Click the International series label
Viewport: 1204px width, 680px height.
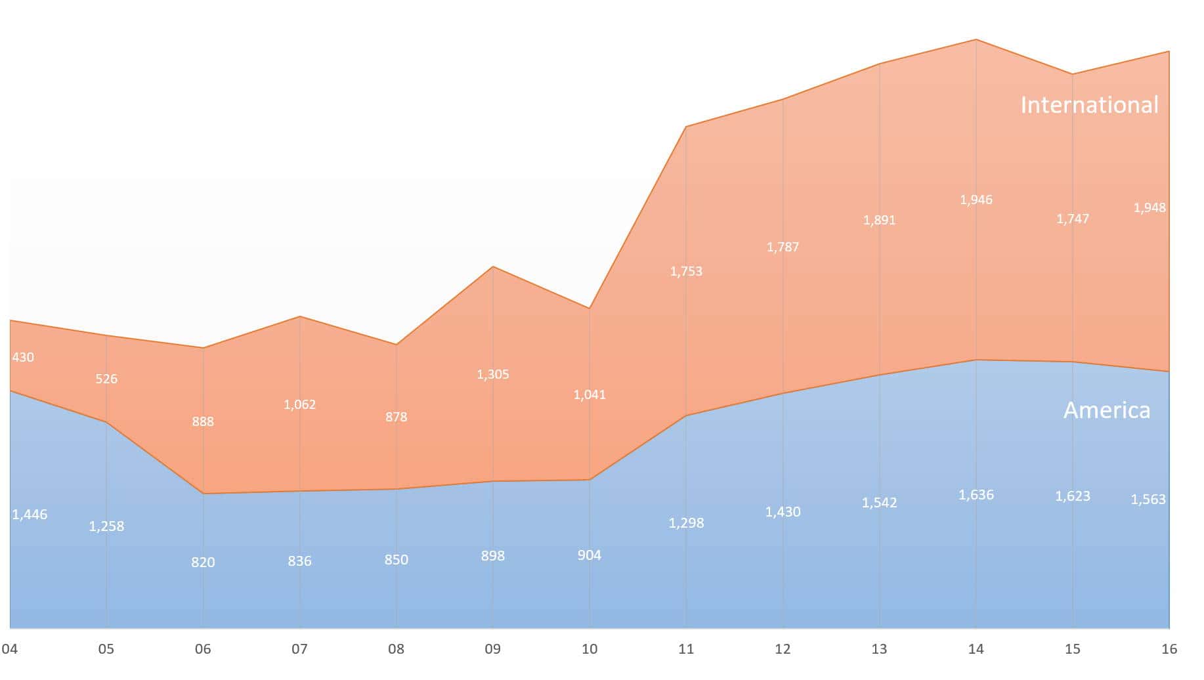pyautogui.click(x=1089, y=105)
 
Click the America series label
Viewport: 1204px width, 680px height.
pyautogui.click(x=1106, y=410)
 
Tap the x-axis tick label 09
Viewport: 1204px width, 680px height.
pyautogui.click(x=492, y=649)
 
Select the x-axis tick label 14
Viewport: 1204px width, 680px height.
pyautogui.click(x=976, y=649)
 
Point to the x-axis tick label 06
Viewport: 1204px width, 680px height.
pyautogui.click(x=203, y=649)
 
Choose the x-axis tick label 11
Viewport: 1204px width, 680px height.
pyautogui.click(x=685, y=649)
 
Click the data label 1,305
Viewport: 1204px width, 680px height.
pyautogui.click(x=492, y=375)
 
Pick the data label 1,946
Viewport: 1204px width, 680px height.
pyautogui.click(x=976, y=200)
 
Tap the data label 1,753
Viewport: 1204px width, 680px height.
pyautogui.click(x=686, y=271)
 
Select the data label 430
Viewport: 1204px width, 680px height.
pyautogui.click(x=23, y=358)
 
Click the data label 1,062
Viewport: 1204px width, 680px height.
pyautogui.click(x=299, y=404)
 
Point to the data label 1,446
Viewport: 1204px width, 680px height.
pyautogui.click(x=30, y=515)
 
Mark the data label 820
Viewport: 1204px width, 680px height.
pyautogui.click(x=203, y=563)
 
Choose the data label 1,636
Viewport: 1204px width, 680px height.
pyautogui.click(x=976, y=495)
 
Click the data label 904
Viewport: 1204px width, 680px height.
pyautogui.click(x=589, y=555)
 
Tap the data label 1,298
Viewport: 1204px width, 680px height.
pyautogui.click(x=686, y=523)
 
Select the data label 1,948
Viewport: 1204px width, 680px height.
pyautogui.click(x=1150, y=208)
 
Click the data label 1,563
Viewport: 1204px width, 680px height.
pyautogui.click(x=1148, y=499)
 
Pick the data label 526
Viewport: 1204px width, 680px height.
pyautogui.click(x=106, y=379)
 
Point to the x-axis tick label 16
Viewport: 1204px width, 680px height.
pyautogui.click(x=1169, y=649)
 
